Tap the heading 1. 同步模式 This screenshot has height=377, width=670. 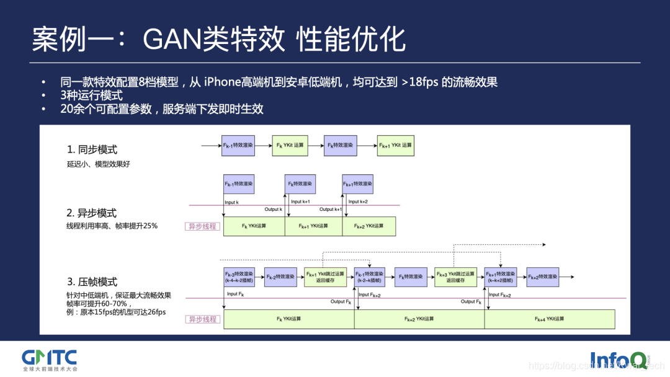92,149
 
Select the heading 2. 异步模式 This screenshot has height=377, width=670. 92,213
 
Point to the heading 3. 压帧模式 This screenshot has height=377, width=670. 92,282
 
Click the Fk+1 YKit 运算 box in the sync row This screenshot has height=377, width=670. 395,145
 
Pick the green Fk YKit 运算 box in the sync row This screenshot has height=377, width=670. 290,145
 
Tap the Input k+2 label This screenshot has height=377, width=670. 357,202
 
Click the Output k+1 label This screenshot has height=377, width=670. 330,210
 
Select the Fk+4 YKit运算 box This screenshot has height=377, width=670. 550,319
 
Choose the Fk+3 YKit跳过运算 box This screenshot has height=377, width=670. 455,277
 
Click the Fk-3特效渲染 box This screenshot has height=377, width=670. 239,277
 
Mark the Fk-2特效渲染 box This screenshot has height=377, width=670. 280,277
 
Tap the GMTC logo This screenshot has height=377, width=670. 49,359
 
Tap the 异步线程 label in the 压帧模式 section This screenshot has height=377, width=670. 202,319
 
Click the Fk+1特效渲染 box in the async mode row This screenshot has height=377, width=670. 357,184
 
